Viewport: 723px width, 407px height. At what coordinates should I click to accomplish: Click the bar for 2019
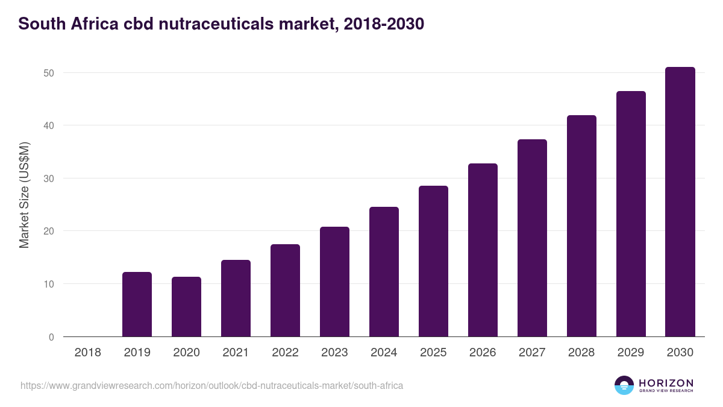137,304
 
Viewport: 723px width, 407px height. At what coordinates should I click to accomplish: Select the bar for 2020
186,307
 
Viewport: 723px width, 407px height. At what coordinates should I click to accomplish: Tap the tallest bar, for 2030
680,202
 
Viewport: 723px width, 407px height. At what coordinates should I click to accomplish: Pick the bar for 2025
433,261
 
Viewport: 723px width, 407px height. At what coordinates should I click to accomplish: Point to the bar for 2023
334,282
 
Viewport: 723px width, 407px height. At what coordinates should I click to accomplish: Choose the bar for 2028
581,226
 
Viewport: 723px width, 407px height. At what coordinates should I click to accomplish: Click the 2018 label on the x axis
87,352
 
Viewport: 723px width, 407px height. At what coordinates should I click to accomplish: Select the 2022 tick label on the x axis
285,352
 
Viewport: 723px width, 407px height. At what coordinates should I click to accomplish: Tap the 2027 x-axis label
532,352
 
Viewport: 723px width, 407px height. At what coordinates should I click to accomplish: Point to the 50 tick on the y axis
49,73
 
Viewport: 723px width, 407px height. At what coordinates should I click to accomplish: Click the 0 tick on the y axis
51,337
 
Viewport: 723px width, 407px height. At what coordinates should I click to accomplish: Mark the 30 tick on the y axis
49,178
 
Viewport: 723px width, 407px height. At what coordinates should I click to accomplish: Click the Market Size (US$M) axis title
24,195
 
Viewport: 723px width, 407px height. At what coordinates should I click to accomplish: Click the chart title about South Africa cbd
221,24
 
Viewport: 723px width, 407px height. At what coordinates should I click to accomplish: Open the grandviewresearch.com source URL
211,385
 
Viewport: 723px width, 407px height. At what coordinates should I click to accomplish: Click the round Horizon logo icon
624,385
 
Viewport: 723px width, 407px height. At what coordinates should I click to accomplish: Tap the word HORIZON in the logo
666,383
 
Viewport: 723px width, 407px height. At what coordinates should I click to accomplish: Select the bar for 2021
236,298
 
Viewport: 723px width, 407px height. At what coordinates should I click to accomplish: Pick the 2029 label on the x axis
631,352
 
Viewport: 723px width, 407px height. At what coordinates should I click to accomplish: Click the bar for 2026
483,250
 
